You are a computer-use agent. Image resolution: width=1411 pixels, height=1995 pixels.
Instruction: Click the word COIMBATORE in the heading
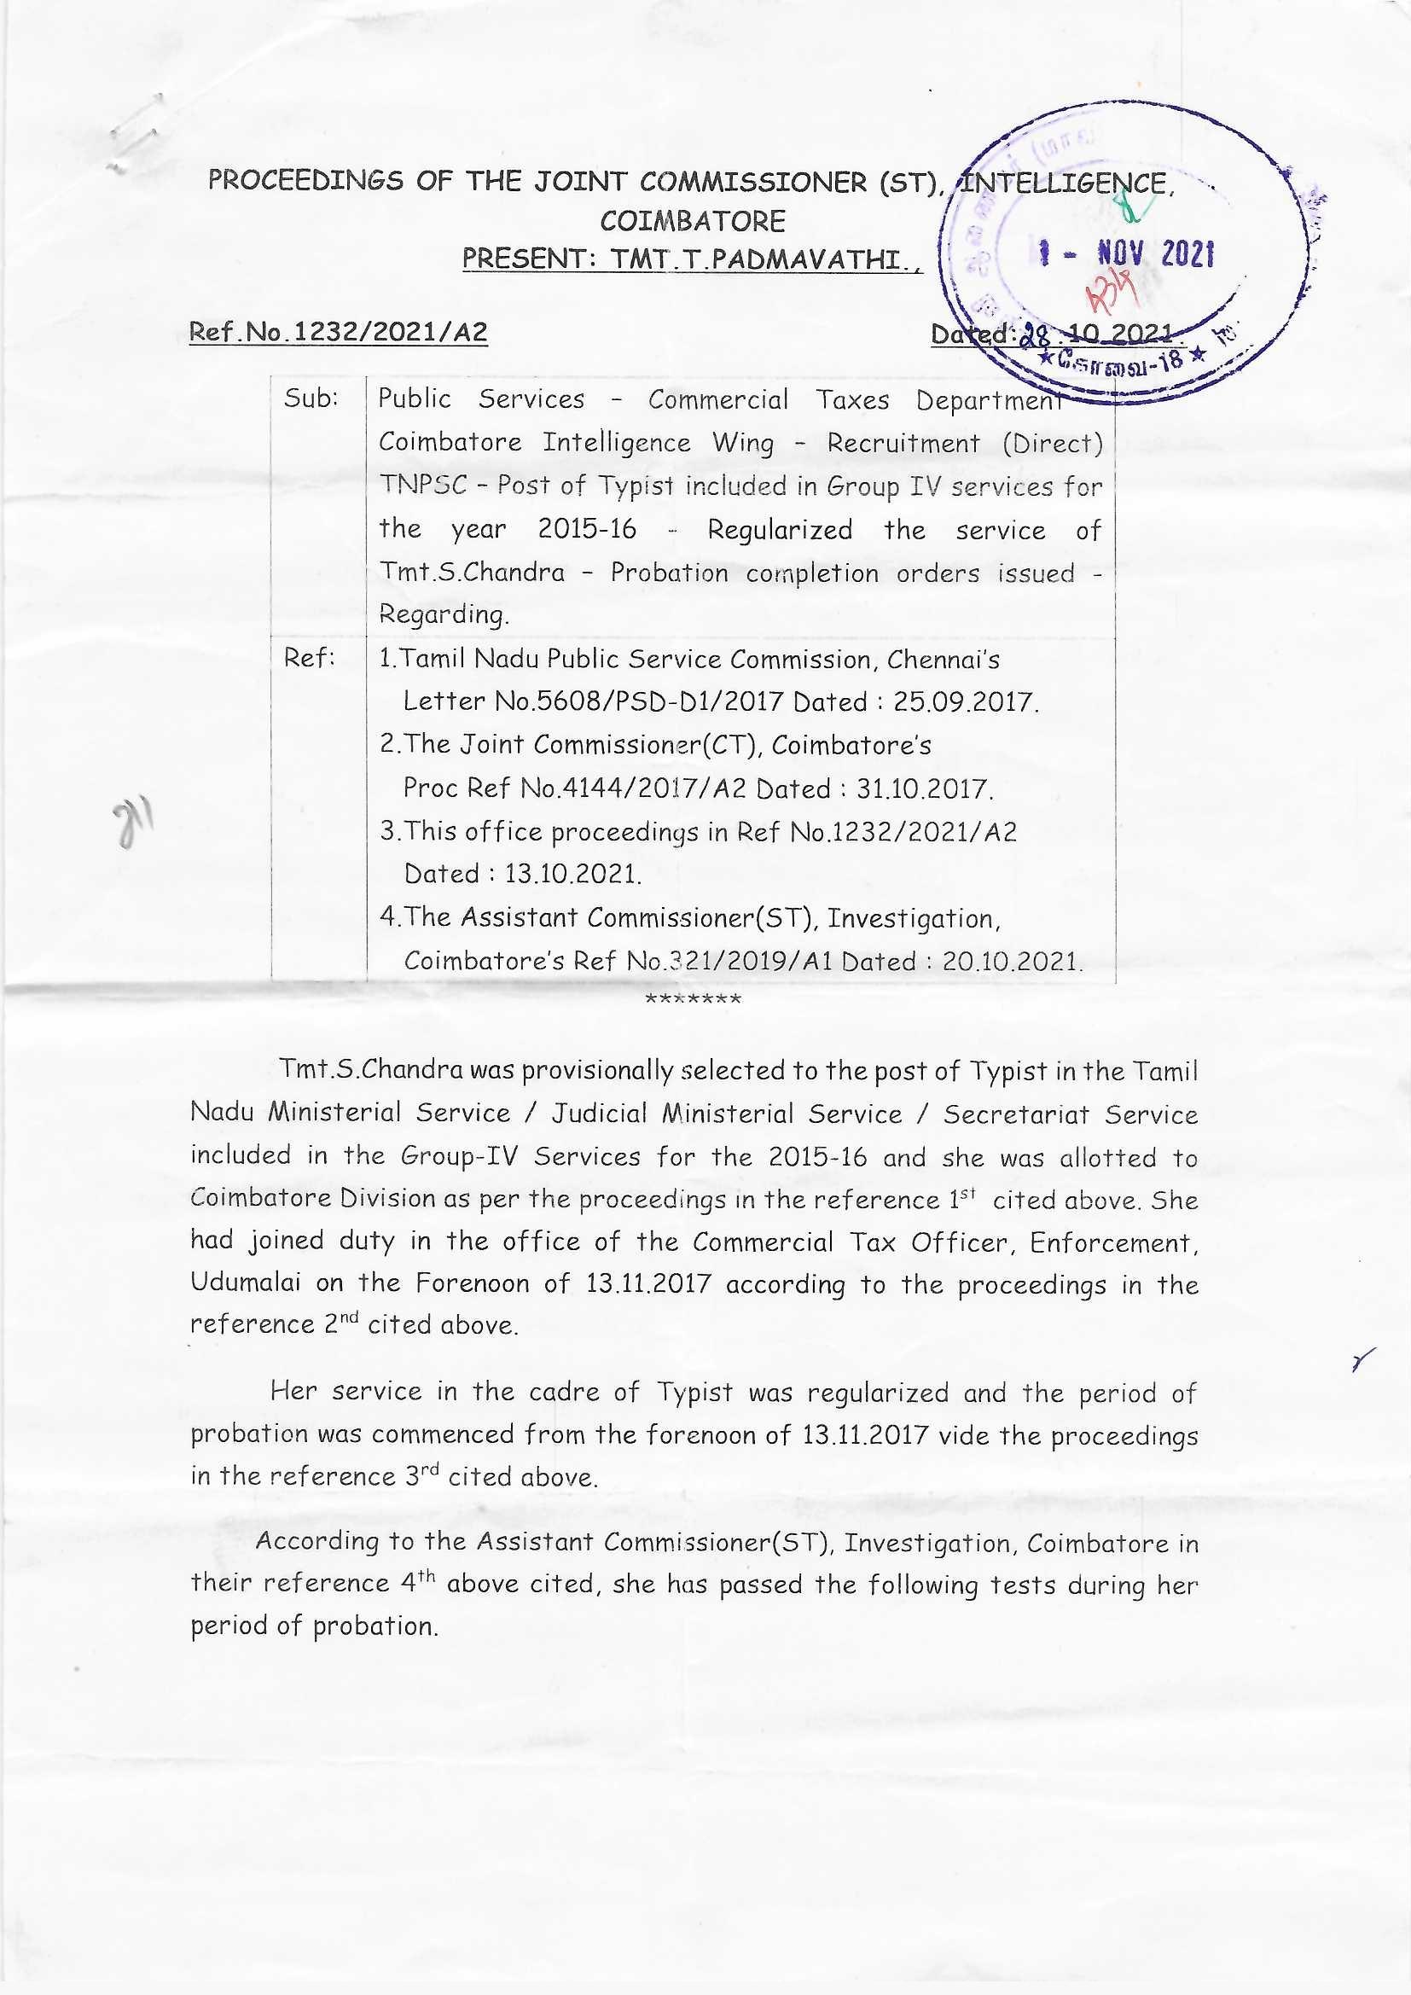click(x=692, y=221)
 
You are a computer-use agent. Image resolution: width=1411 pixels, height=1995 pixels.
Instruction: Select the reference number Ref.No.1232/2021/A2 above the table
click(x=338, y=332)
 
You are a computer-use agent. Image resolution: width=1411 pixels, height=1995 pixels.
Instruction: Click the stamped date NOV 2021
click(x=1155, y=254)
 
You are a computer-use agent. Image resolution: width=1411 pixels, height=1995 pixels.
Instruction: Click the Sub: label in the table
click(x=311, y=398)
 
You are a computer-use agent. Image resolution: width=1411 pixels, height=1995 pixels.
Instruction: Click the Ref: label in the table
click(x=310, y=658)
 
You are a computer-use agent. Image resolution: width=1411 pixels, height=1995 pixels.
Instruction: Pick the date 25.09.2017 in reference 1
click(x=966, y=701)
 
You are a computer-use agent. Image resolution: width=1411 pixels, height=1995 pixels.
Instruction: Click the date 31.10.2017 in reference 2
click(x=924, y=788)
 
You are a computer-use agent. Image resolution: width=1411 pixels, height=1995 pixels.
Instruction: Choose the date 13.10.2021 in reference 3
click(x=572, y=873)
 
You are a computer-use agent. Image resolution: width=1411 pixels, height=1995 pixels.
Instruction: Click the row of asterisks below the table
click(x=693, y=999)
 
